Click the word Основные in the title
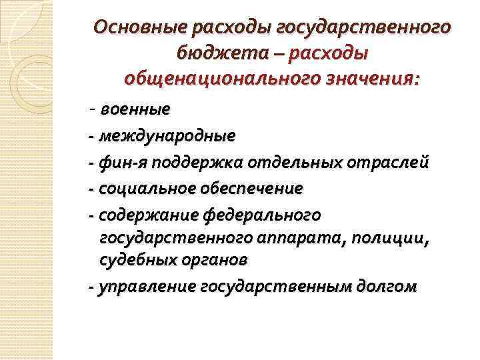(139, 29)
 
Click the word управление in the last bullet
(146, 287)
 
